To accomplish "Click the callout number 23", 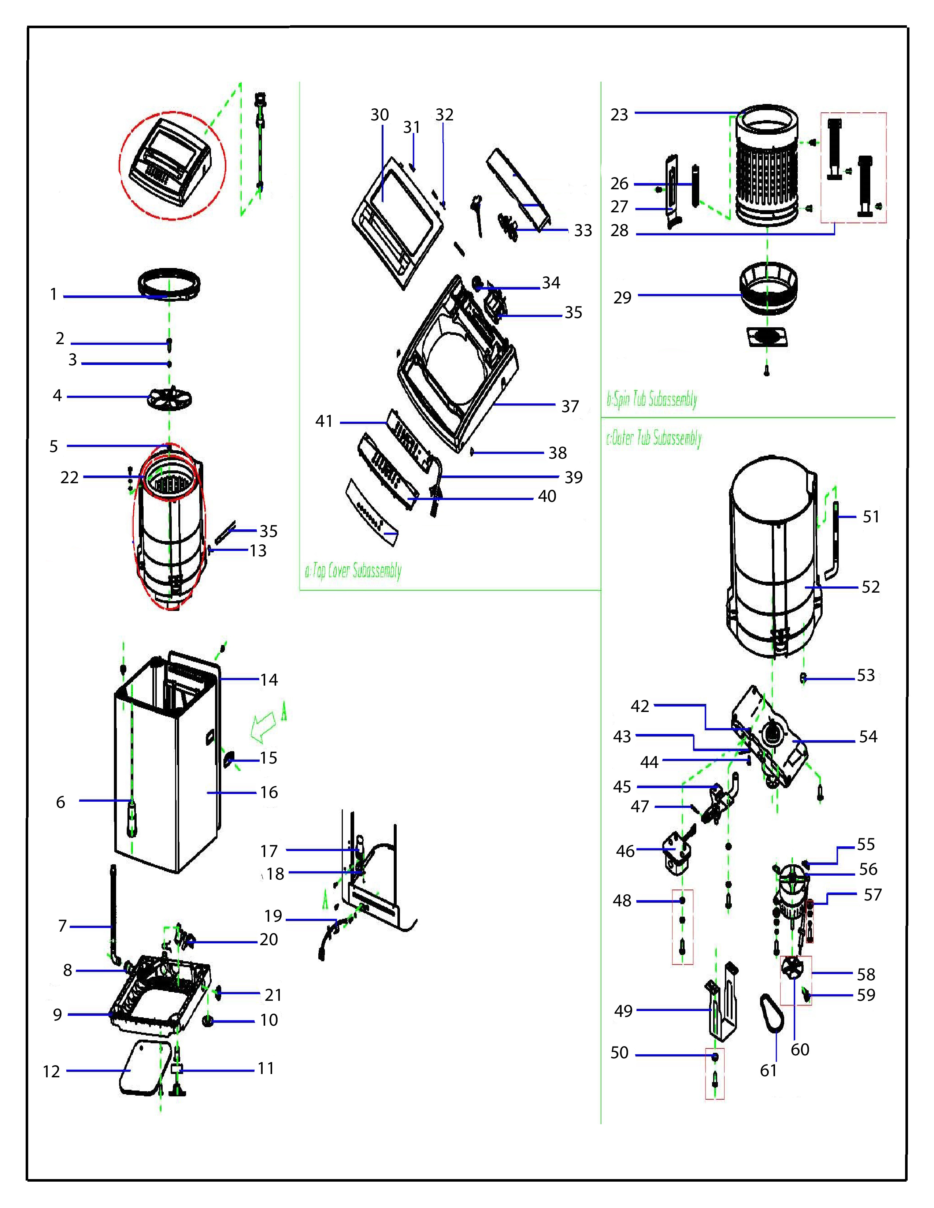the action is pyautogui.click(x=619, y=115).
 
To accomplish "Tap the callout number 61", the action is pyautogui.click(x=768, y=1070).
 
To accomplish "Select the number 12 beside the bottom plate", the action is pyautogui.click(x=51, y=1071).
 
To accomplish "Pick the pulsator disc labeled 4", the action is pyautogui.click(x=169, y=397).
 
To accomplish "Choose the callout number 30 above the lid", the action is pyautogui.click(x=379, y=115).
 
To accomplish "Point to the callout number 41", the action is pyautogui.click(x=324, y=421).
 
